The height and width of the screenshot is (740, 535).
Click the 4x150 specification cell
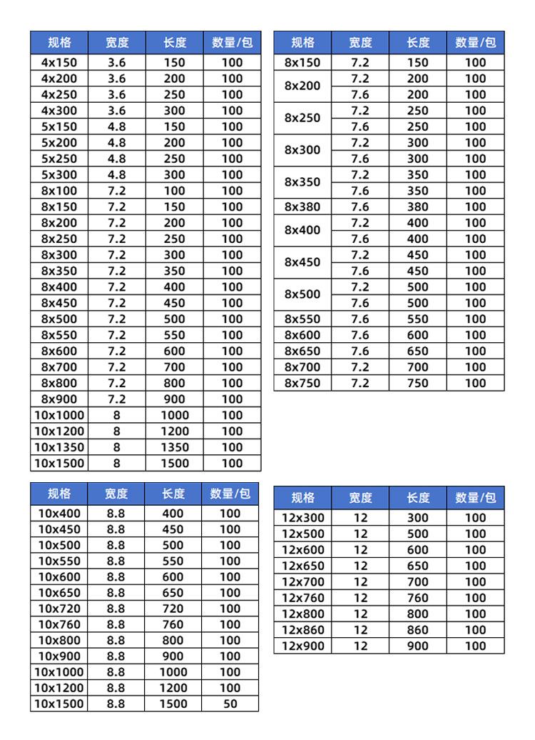click(59, 62)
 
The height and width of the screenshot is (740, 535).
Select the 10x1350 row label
click(59, 447)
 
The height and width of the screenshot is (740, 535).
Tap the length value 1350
click(174, 447)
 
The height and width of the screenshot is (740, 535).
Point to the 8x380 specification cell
click(302, 207)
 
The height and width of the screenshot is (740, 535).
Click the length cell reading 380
click(418, 207)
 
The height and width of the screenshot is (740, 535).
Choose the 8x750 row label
click(302, 384)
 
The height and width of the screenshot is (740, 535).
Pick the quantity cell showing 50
click(230, 704)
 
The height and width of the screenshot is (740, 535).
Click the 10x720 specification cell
click(59, 609)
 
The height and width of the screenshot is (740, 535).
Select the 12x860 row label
click(302, 630)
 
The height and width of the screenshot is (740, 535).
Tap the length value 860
click(418, 630)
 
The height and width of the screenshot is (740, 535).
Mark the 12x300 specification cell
click(302, 518)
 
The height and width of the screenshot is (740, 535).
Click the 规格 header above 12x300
click(302, 498)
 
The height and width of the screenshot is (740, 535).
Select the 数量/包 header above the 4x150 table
click(232, 42)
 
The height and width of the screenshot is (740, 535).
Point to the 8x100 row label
click(59, 191)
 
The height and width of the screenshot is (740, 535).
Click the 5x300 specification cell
click(59, 174)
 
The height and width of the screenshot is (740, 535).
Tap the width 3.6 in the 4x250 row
click(117, 94)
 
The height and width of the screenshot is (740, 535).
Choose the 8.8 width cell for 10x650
click(116, 593)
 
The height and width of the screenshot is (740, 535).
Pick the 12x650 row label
click(302, 566)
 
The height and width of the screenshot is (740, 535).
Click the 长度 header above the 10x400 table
click(173, 494)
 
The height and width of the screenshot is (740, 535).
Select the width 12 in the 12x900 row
click(360, 646)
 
